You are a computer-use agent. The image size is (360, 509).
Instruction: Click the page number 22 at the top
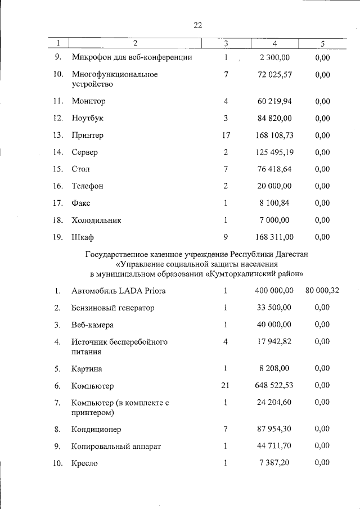[198, 25]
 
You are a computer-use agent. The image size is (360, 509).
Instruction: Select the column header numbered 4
[274, 43]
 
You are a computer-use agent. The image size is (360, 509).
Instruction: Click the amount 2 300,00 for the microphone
[275, 57]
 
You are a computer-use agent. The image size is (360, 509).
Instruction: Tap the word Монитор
[88, 101]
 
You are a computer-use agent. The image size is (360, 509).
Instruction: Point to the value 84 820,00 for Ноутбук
[274, 118]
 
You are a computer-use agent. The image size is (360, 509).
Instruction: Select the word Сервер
[85, 152]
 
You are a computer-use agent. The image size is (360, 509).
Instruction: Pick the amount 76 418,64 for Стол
[274, 169]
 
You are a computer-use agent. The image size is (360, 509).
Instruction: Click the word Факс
[81, 202]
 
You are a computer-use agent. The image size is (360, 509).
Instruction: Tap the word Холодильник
[96, 220]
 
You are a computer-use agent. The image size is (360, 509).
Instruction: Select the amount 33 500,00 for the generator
[274, 308]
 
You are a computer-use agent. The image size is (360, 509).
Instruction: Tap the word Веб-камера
[93, 325]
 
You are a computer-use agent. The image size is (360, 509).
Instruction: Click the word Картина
[87, 369]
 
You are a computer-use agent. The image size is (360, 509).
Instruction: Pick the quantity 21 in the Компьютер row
[226, 386]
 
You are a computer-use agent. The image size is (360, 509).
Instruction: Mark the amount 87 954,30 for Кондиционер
[274, 429]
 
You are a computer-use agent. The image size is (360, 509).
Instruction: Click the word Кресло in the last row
[85, 463]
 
